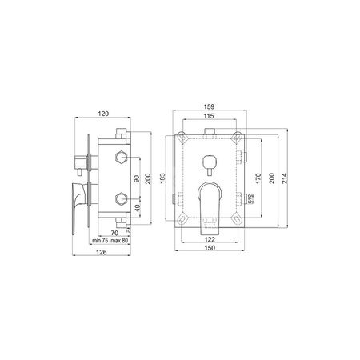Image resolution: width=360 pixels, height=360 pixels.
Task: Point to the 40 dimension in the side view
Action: tap(137, 207)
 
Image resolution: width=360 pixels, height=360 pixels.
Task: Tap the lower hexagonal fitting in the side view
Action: tap(120, 197)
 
